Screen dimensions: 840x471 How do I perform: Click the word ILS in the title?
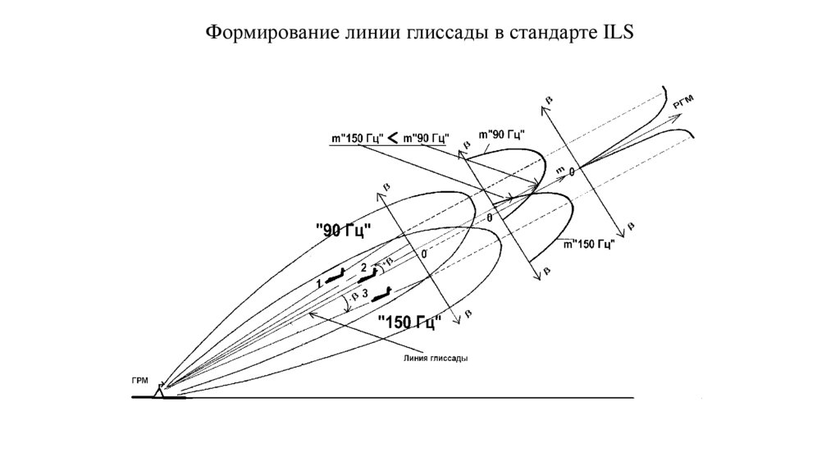point(614,34)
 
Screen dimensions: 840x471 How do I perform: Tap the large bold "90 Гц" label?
point(343,231)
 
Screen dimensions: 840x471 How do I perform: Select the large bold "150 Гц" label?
point(409,322)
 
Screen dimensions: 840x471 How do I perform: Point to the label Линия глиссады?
point(434,359)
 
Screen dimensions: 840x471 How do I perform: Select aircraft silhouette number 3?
point(383,291)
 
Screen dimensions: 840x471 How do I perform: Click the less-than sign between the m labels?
point(393,136)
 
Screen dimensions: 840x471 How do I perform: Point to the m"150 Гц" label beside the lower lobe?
point(587,244)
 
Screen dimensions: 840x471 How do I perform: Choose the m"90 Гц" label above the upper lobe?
point(501,134)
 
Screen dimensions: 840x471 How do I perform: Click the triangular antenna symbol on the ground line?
point(162,390)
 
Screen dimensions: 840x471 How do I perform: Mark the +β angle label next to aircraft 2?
point(378,265)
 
